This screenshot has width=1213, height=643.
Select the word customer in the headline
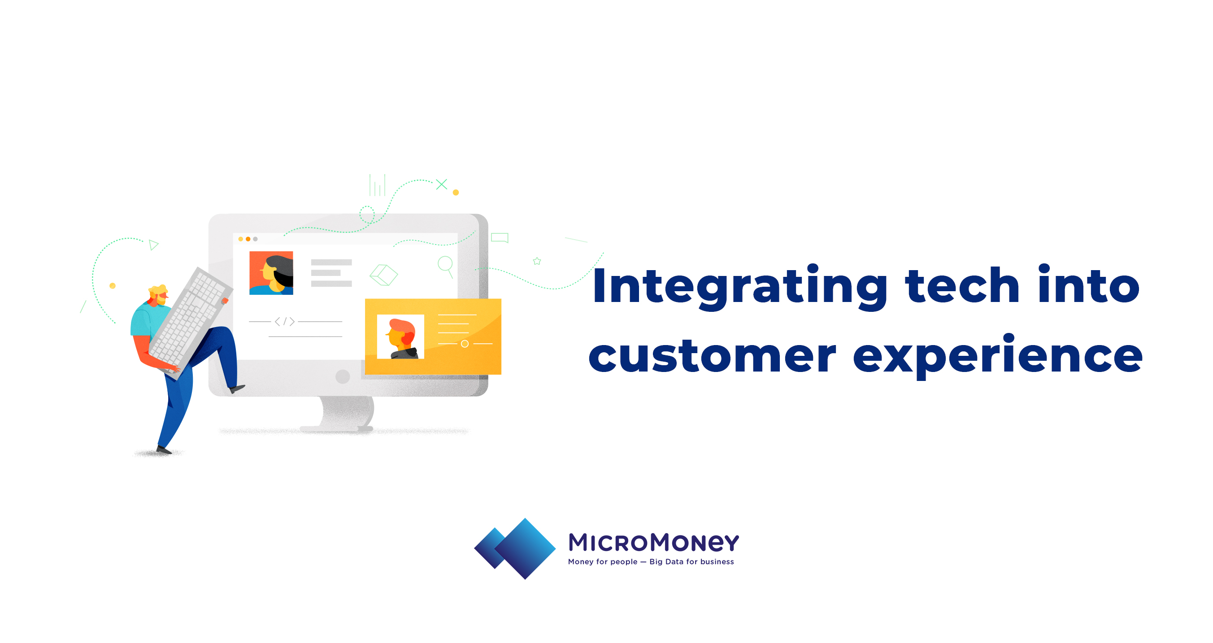click(713, 356)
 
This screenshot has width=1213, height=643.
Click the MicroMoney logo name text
click(654, 542)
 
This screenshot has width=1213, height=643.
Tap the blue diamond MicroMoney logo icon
click(515, 548)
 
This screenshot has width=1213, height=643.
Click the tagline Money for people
click(603, 562)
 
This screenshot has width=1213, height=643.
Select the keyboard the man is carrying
click(191, 323)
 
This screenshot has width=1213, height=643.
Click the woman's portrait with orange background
click(271, 273)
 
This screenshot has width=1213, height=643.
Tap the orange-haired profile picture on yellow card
click(400, 337)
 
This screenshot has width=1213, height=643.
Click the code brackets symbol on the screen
click(285, 322)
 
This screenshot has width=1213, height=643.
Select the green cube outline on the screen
click(384, 275)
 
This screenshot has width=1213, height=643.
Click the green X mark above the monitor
click(442, 184)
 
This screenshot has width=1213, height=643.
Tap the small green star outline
click(537, 261)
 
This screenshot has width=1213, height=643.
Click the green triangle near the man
click(153, 245)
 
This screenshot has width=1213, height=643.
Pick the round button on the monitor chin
click(343, 376)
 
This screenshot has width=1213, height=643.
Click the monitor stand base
click(337, 429)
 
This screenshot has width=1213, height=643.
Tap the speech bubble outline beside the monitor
click(500, 237)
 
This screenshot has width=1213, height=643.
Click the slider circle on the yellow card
click(465, 344)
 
